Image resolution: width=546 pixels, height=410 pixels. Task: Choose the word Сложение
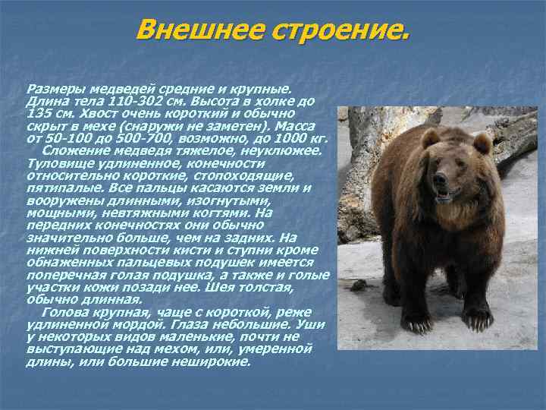point(73,150)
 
